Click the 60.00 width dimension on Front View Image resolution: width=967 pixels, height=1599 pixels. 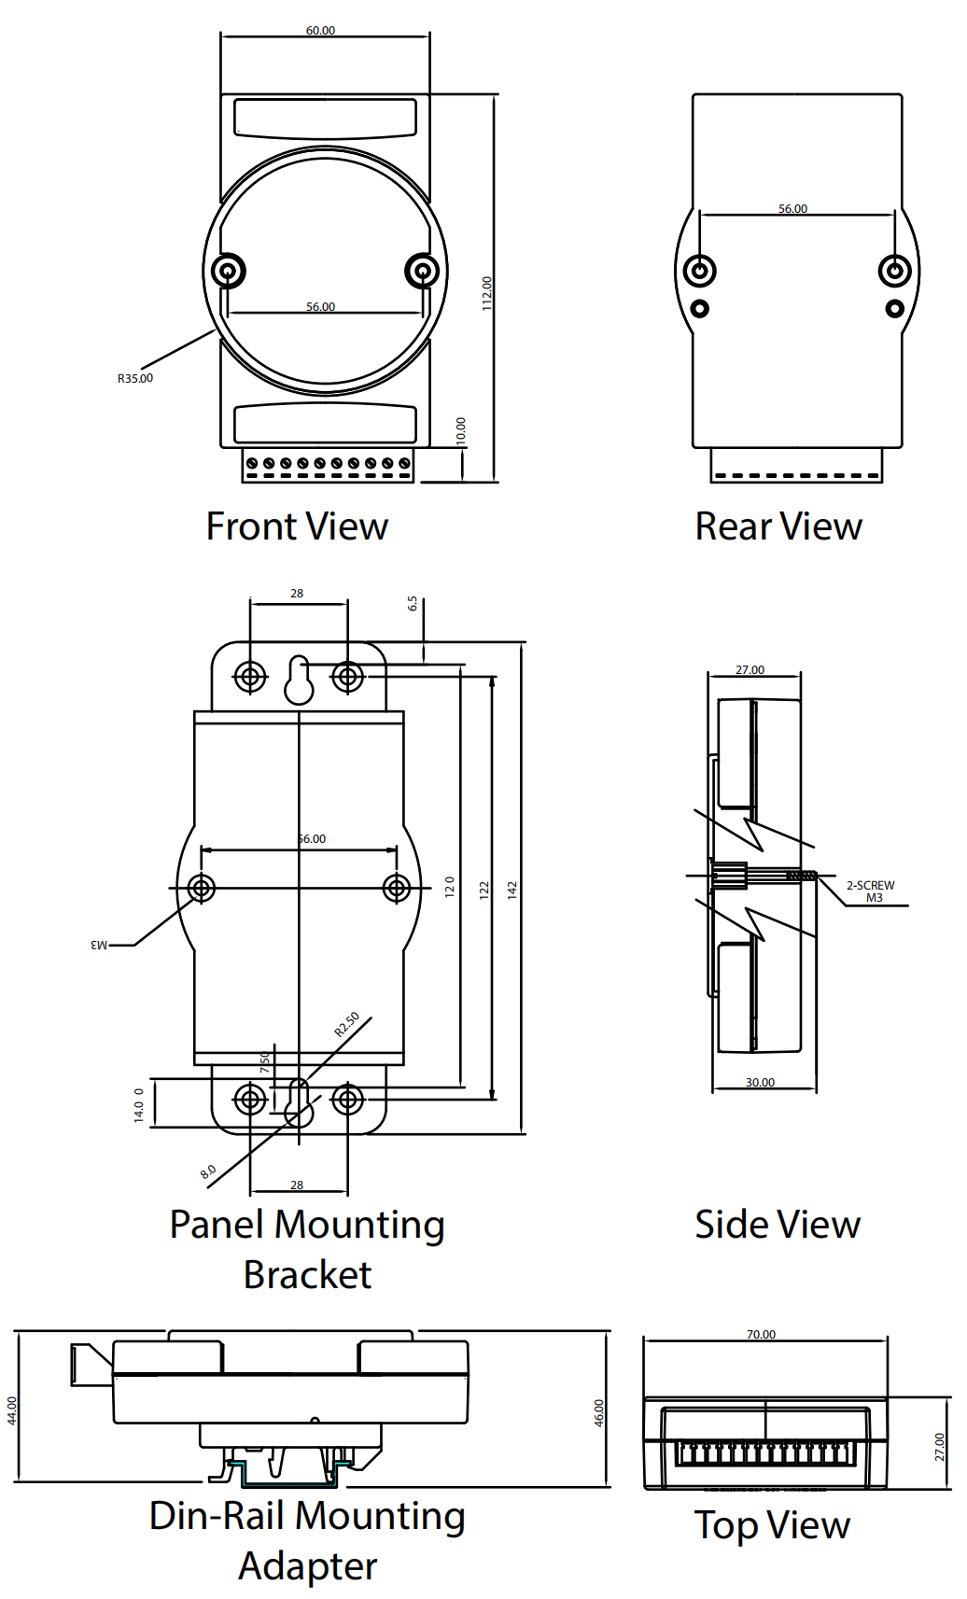tap(320, 31)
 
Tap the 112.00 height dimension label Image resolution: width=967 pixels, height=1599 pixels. tap(487, 293)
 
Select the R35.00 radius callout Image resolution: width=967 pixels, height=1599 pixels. tap(135, 378)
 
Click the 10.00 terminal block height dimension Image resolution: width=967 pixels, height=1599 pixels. tap(461, 430)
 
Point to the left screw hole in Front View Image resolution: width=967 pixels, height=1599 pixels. tap(228, 272)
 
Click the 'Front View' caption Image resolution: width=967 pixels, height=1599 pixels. tap(297, 526)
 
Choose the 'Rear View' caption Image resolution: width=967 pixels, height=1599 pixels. tap(778, 526)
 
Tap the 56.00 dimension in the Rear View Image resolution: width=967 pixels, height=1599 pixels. tap(792, 209)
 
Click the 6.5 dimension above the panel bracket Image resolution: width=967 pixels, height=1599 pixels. tap(413, 604)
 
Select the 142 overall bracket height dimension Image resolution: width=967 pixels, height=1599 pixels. tap(512, 890)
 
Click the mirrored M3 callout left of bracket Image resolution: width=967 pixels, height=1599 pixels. tap(99, 946)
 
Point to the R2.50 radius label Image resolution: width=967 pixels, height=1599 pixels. tap(346, 1025)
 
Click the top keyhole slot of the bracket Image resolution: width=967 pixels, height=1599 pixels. tap(299, 680)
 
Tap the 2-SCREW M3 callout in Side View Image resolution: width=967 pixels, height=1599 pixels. tap(871, 891)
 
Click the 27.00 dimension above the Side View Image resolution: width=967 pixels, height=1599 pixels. tap(750, 670)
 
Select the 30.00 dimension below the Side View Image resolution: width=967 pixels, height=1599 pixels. tap(760, 1083)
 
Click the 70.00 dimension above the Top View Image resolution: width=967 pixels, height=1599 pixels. tap(761, 1335)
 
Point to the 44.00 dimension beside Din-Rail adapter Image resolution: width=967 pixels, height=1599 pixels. tap(12, 1410)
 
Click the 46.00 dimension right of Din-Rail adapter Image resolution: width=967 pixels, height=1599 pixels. tap(599, 1412)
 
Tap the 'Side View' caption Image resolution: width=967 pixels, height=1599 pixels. tap(778, 1225)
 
